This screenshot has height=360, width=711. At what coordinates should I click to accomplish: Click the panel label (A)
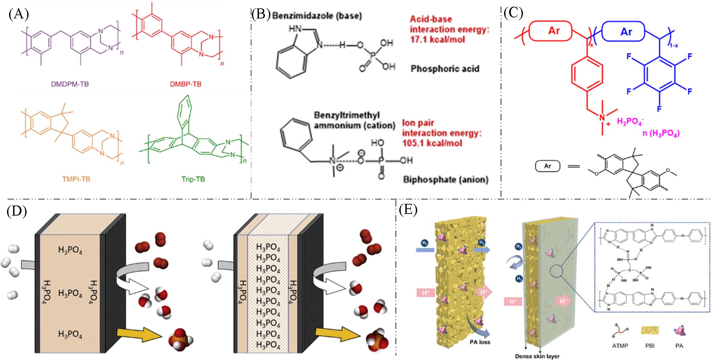point(19,14)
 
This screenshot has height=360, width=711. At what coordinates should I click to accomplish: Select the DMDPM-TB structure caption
point(70,84)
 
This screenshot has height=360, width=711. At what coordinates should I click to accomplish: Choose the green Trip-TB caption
point(193,179)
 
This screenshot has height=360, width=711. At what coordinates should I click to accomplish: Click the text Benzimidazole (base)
point(317,15)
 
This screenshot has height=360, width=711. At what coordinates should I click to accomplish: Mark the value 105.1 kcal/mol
point(432,143)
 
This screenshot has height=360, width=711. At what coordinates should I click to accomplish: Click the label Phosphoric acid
point(445,69)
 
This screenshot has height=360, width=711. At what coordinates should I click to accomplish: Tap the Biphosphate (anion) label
point(445,180)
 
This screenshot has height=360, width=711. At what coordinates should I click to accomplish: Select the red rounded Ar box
point(554,31)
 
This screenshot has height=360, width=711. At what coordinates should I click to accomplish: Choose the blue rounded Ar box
point(626,32)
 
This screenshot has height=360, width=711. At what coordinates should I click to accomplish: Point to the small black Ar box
point(547,166)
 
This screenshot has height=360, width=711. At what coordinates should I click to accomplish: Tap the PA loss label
point(480,342)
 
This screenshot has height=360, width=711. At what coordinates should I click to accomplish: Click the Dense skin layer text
point(538,356)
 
